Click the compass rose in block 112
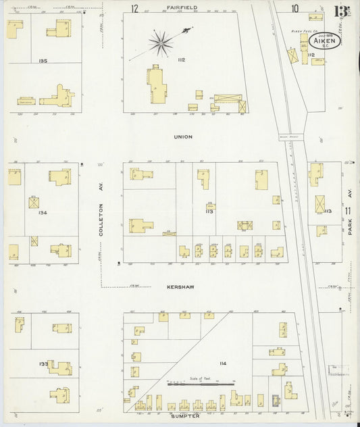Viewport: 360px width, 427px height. pos(161,43)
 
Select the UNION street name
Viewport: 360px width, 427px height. pos(183,136)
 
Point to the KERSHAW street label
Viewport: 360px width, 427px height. pos(180,286)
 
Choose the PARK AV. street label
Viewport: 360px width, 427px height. pos(350,222)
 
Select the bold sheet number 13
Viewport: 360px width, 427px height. pos(341,11)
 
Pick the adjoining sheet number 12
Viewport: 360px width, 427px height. pos(134,8)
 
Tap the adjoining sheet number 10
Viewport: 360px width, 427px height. pos(294,8)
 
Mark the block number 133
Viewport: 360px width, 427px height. pos(43,363)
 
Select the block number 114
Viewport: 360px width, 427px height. pos(222,363)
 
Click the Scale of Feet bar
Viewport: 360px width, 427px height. pos(203,383)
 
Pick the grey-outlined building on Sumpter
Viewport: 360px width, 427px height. pos(275,400)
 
